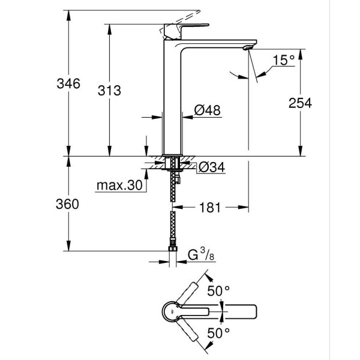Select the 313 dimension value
coord(110,90)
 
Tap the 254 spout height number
coord(299,103)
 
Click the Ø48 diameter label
coord(206,111)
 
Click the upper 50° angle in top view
coord(219,291)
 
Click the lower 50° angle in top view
coord(219,332)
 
